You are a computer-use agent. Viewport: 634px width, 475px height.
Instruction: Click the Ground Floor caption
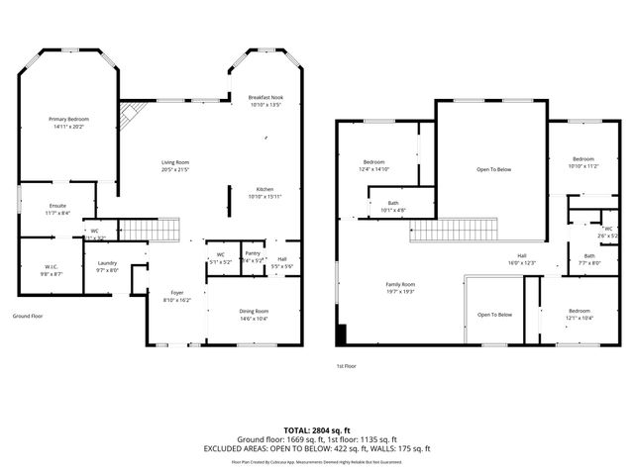coord(28,316)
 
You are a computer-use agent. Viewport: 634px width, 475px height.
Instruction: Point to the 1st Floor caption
coord(347,365)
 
